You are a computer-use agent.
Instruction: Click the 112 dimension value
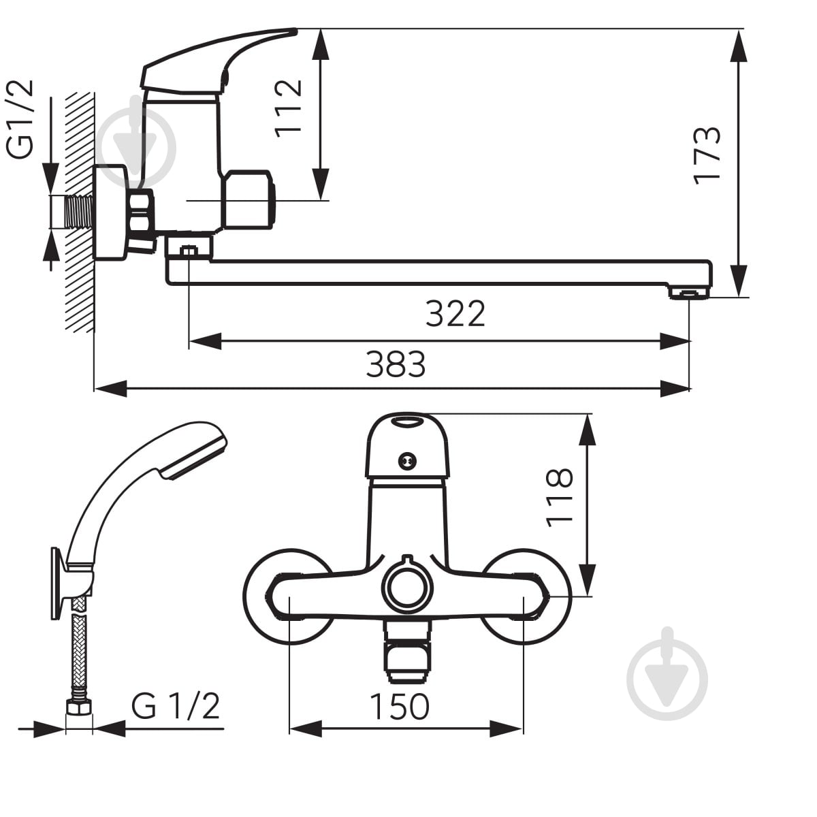point(288,108)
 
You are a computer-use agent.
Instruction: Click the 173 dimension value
point(706,156)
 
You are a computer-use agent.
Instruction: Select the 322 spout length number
point(455,314)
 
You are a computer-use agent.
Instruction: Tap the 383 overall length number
point(396,364)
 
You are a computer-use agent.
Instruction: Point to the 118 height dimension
point(560,498)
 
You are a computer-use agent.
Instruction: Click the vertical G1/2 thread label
point(20,119)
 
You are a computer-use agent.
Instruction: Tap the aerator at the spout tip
point(689,293)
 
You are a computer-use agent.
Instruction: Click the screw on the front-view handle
point(407,461)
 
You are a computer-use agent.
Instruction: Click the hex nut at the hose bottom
point(79,709)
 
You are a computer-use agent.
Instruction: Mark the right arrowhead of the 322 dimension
point(674,341)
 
